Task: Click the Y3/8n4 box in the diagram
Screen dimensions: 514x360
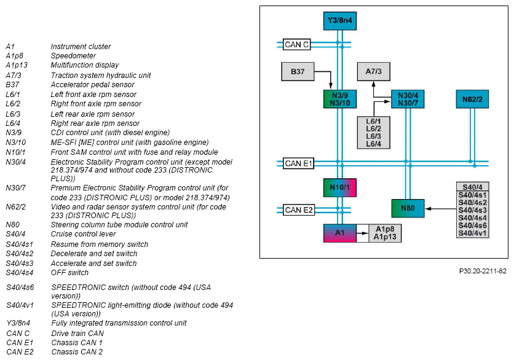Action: click(x=340, y=21)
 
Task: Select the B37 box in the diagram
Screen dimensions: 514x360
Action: click(x=298, y=71)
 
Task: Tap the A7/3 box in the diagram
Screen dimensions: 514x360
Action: click(x=374, y=71)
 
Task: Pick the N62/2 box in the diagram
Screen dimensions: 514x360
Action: click(x=472, y=100)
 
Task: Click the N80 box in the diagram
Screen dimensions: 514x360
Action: click(x=408, y=208)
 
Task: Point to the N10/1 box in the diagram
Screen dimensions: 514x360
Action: click(x=340, y=188)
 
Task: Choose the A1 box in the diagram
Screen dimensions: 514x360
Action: click(x=340, y=233)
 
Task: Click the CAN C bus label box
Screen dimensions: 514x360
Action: click(x=297, y=45)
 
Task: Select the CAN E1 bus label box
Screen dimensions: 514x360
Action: click(x=299, y=163)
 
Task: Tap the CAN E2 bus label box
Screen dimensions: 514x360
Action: click(x=299, y=210)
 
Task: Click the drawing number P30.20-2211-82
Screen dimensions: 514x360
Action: click(x=483, y=271)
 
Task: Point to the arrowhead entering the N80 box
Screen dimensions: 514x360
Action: click(x=428, y=208)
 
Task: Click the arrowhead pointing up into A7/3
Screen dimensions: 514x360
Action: click(x=374, y=84)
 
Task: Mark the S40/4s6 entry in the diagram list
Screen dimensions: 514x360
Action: click(x=472, y=225)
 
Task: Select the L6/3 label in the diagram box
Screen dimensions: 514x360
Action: click(x=373, y=136)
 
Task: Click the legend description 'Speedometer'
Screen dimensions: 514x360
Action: click(x=73, y=56)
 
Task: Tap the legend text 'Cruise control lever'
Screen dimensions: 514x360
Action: click(x=83, y=234)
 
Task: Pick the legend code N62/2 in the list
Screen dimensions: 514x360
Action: click(x=16, y=207)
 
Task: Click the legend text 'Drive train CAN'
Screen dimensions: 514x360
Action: click(x=77, y=334)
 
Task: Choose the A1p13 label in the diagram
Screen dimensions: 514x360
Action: click(x=385, y=237)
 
